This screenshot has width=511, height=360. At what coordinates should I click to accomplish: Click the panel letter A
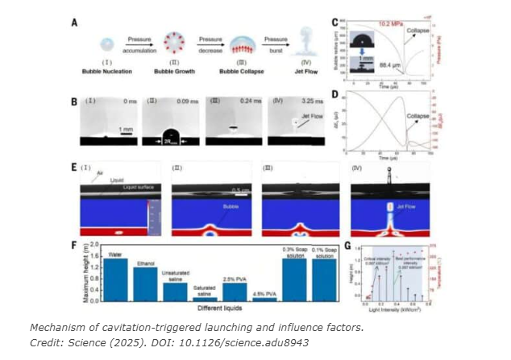pyautogui.click(x=75, y=23)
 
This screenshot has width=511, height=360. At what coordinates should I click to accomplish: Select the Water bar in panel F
pyautogui.click(x=114, y=279)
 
